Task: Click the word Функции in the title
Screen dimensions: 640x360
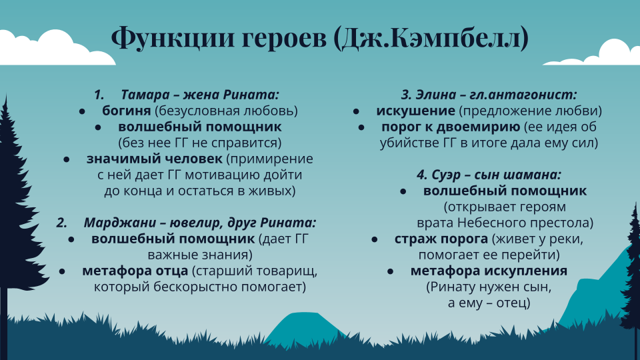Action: (x=173, y=37)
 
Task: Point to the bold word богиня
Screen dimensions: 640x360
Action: (x=126, y=111)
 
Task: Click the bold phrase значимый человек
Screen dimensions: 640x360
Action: (x=154, y=159)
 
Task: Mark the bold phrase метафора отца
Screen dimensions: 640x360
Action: (x=135, y=271)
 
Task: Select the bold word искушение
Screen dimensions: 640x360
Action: (x=415, y=111)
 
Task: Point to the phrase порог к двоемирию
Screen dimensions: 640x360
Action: (x=451, y=127)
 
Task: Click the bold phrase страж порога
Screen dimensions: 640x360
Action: (x=441, y=239)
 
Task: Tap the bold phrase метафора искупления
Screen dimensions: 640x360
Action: (x=489, y=271)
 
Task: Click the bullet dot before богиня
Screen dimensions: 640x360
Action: (x=82, y=111)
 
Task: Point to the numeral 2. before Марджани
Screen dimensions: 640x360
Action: (x=61, y=223)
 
